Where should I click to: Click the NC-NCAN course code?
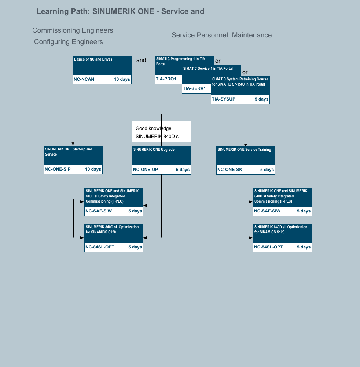(84, 79)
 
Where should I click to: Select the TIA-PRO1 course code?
(166, 79)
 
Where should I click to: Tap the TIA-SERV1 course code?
(194, 88)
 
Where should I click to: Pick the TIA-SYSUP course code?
(224, 99)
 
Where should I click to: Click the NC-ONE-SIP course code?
(58, 169)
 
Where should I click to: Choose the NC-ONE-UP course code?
(146, 170)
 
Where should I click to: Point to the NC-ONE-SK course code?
(230, 170)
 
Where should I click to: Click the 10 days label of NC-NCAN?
(122, 79)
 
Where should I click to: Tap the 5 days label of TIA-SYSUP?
(262, 99)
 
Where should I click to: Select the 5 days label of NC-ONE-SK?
(267, 170)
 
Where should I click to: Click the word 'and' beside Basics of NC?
(141, 60)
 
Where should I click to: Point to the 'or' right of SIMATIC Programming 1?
(218, 61)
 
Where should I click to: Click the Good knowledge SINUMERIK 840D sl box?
(162, 131)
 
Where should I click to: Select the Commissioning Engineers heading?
(73, 30)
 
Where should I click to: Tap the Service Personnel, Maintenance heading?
(222, 35)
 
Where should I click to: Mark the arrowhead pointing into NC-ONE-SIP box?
(73, 144)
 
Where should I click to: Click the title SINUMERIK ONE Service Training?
(244, 150)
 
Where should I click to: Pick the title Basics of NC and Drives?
(93, 59)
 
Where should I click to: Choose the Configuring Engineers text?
(69, 42)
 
